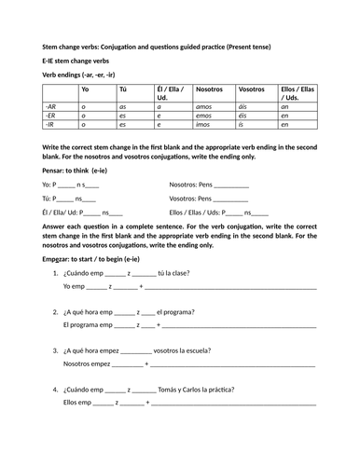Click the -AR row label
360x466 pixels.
tap(50, 106)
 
